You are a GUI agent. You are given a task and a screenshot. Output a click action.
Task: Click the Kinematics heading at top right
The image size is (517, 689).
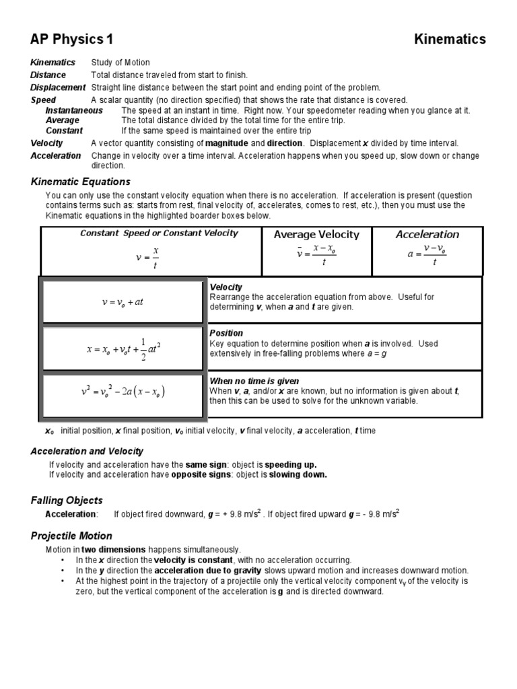449,40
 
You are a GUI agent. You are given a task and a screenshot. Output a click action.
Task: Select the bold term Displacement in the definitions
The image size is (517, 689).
58,87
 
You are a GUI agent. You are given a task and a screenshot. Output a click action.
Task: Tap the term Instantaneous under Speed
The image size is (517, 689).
74,110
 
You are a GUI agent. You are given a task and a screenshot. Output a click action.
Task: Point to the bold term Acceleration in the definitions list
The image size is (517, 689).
56,155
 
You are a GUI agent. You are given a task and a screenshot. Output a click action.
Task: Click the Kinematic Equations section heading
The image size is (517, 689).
81,182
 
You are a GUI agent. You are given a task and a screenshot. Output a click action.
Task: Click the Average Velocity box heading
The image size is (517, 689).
316,235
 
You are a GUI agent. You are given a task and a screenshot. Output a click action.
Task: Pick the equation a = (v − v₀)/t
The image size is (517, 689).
427,256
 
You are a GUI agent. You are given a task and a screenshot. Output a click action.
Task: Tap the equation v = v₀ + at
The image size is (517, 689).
122,302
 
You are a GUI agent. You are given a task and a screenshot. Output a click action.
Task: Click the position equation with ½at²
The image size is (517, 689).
123,349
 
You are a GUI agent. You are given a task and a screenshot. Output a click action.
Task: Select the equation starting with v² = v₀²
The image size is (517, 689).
123,392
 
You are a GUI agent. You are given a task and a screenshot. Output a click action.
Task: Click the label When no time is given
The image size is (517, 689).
254,381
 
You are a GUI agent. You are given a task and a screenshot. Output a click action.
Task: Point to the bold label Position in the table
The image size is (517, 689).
226,333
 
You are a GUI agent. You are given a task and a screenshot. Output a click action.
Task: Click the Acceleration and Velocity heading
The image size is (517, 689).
87,451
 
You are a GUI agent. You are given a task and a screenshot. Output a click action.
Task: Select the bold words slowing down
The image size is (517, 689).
298,474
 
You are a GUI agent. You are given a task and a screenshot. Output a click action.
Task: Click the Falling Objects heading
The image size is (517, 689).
67,500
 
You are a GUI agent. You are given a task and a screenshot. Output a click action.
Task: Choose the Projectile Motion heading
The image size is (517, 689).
71,536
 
